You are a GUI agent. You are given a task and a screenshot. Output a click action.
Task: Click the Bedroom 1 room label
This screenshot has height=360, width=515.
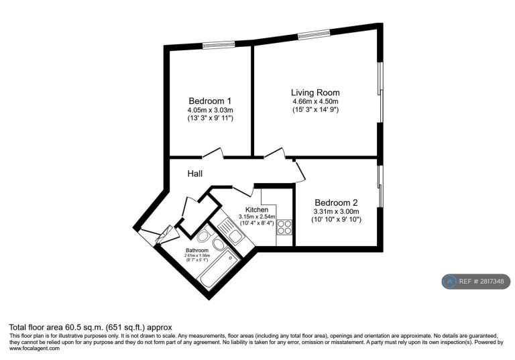tap(210, 101)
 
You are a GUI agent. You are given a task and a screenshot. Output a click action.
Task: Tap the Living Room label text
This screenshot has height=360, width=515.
tap(315, 93)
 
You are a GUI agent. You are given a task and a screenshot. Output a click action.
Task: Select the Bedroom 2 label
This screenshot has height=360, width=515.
tap(336, 202)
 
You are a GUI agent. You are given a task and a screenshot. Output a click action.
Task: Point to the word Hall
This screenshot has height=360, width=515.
tap(195, 174)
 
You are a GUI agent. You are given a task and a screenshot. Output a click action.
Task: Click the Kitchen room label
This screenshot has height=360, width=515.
tap(257, 210)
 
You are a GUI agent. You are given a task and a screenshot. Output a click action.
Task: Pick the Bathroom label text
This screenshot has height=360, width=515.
tap(197, 250)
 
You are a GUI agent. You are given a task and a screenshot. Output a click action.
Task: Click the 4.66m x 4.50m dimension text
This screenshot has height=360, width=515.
tap(315, 101)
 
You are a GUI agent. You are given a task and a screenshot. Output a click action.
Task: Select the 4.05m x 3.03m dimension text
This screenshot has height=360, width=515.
tap(210, 110)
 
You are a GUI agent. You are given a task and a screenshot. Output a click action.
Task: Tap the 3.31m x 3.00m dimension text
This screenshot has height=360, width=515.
tap(337, 212)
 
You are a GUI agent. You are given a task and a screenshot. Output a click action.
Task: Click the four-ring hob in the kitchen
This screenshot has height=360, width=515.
tap(284, 227)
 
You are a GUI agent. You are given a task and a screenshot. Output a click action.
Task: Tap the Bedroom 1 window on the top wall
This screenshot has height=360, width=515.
tap(219, 44)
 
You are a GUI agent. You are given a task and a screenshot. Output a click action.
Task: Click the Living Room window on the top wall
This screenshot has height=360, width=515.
tap(314, 34)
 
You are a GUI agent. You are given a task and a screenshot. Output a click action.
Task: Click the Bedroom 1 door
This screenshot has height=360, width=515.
tap(213, 153)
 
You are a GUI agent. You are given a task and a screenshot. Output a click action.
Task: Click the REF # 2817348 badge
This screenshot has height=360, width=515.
tap(476, 282)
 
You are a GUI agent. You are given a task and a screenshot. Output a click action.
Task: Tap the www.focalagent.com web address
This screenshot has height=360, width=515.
tap(34, 349)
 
